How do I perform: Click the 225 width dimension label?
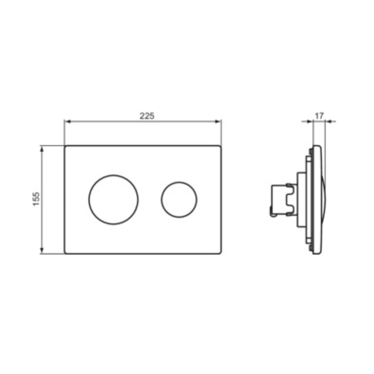coord(147,116)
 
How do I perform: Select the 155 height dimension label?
coord(36,199)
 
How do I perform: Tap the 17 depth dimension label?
coord(319,116)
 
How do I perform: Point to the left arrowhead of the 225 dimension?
coord(68,122)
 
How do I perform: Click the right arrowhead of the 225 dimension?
coord(218,122)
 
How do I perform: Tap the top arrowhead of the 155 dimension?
coord(42,149)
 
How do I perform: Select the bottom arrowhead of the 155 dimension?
coord(42,250)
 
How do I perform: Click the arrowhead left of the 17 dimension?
coord(309,122)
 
